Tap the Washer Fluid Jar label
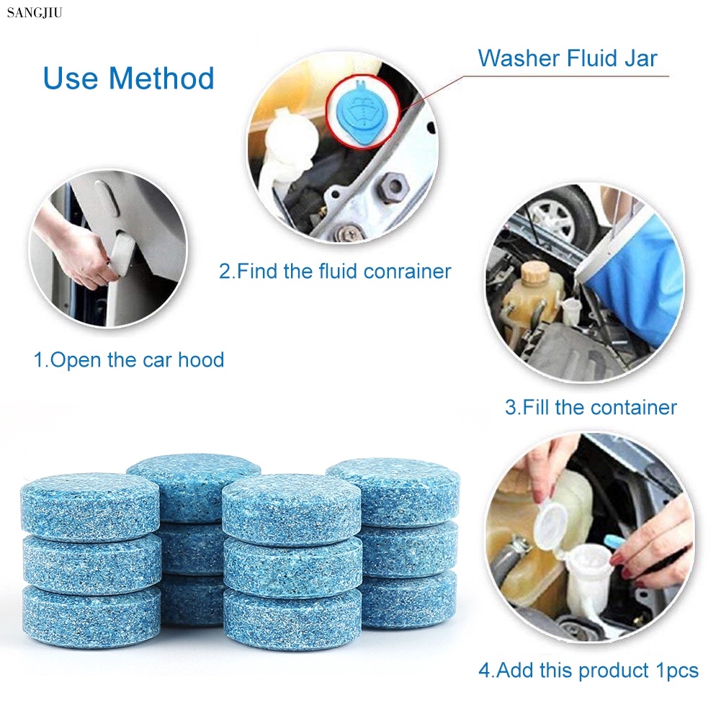tap(568, 58)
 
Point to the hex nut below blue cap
tap(393, 188)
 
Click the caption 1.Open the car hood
tap(129, 359)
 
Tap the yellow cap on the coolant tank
tap(536, 273)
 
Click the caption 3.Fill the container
tap(591, 407)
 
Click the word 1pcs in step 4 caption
tap(676, 671)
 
